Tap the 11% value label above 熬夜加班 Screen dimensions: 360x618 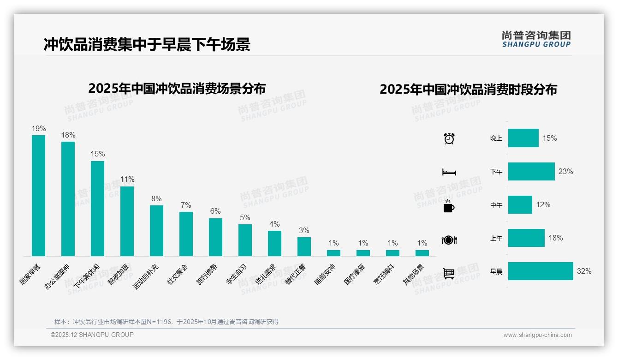coord(127,179)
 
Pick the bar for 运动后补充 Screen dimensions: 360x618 coord(156,230)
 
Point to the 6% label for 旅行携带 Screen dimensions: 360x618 coord(215,211)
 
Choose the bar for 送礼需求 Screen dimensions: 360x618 coord(274,243)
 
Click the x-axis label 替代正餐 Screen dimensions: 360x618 coord(296,274)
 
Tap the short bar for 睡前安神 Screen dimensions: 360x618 coord(333,253)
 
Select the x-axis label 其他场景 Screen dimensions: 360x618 coord(414,275)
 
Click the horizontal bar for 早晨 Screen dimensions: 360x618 coord(541,271)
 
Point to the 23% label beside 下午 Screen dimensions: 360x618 coord(565,171)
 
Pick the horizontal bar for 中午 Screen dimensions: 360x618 coord(520,204)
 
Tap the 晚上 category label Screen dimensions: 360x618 coord(496,138)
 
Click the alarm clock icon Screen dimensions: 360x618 coord(449,138)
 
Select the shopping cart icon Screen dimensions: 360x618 coord(449,273)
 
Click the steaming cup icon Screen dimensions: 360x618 coord(449,206)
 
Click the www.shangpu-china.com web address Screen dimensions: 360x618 coord(537,335)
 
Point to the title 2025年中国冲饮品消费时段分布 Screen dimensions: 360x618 coord(468,89)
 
